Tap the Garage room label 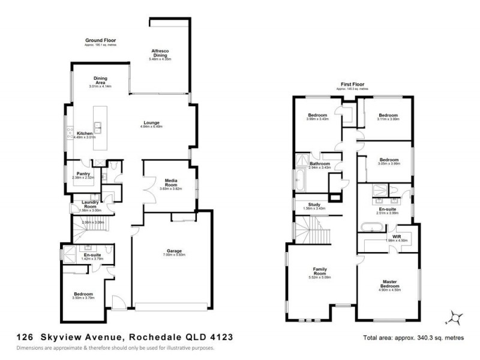coord(174,251)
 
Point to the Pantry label coord(83,173)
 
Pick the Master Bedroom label coord(390,282)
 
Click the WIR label coord(396,236)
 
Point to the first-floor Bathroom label coord(320,163)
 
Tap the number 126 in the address coord(25,337)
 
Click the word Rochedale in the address coord(151,337)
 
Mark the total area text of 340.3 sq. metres coord(413,338)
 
